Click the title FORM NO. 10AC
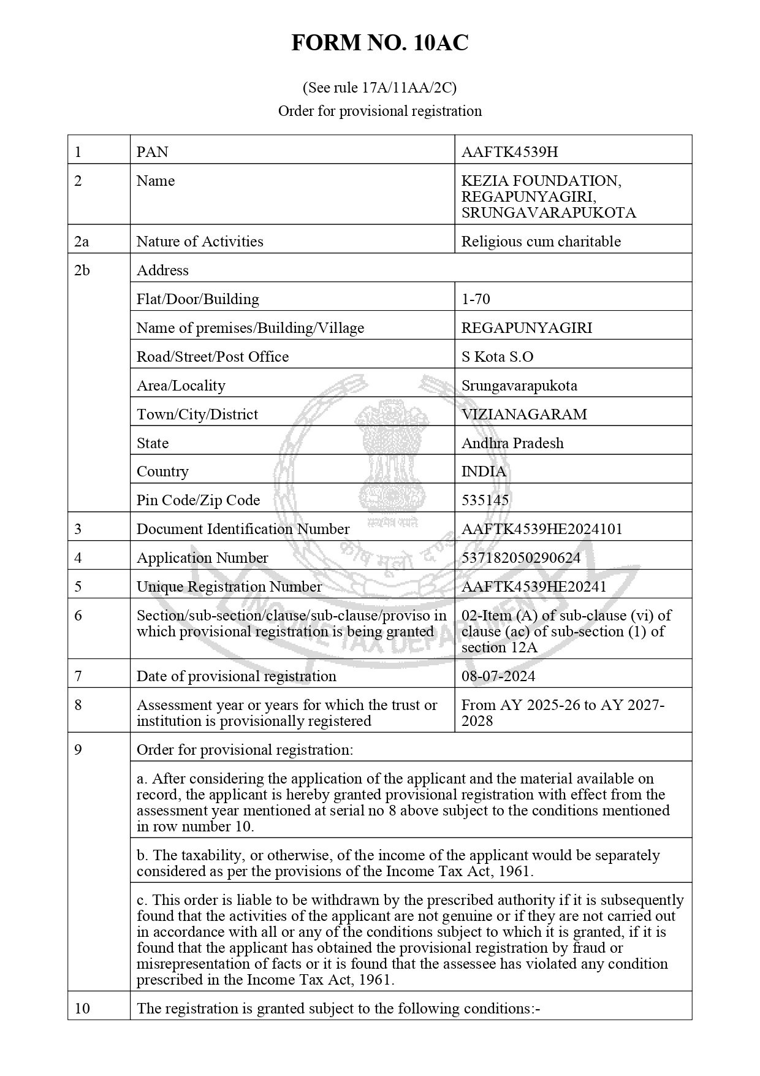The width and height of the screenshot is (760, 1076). [x=379, y=43]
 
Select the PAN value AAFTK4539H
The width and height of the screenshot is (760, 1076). [x=509, y=151]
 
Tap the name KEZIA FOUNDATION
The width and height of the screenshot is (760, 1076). [x=541, y=181]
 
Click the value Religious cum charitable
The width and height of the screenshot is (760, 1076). [x=541, y=242]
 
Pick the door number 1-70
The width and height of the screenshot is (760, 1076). [x=476, y=299]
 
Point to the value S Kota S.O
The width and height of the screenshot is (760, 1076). [x=497, y=357]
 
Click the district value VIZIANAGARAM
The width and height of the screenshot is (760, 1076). [x=523, y=414]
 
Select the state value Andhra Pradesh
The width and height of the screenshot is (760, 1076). [x=512, y=443]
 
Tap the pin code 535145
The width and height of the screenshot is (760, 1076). [x=485, y=500]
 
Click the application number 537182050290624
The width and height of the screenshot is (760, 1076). [x=520, y=558]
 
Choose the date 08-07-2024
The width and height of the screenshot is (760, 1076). [x=498, y=676]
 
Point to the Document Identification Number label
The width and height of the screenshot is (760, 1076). [x=243, y=529]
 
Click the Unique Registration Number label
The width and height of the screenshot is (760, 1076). [x=229, y=587]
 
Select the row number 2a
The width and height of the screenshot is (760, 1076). [x=82, y=242]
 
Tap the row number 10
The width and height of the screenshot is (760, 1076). [x=82, y=1009]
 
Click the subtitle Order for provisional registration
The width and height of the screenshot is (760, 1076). [x=379, y=111]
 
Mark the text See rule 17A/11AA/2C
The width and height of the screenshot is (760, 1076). [x=379, y=88]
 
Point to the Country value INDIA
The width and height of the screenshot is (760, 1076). [x=484, y=471]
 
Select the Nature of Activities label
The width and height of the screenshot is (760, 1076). [x=200, y=242]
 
